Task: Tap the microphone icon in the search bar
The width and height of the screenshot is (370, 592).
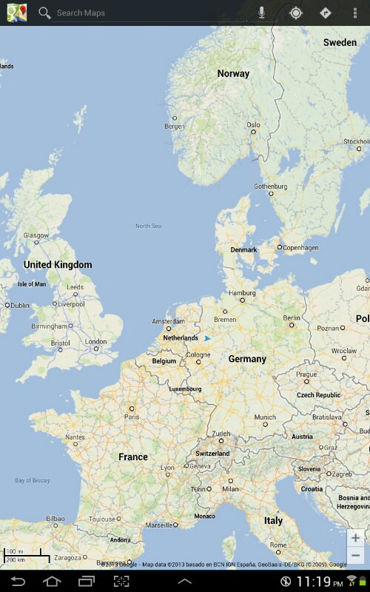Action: [x=262, y=13]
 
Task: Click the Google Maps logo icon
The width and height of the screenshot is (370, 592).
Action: [x=17, y=13]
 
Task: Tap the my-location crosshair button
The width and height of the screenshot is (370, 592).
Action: [x=296, y=13]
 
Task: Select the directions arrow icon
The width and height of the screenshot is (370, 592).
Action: [x=325, y=13]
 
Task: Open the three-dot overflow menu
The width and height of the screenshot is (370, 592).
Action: [x=355, y=13]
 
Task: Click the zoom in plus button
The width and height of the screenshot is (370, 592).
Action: [x=356, y=537]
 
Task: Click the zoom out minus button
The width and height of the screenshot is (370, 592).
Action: [x=356, y=556]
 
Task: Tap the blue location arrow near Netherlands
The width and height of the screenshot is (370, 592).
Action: [x=207, y=338]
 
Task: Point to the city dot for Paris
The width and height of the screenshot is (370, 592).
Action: [x=132, y=408]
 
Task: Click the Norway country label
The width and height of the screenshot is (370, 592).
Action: [x=233, y=73]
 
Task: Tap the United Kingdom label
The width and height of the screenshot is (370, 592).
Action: [x=58, y=264]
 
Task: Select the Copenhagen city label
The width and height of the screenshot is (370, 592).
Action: [x=300, y=247]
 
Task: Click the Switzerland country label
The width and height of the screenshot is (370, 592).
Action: [x=212, y=453]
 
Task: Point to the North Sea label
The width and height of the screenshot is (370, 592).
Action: [x=148, y=226]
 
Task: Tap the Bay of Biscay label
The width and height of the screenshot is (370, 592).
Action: [x=33, y=480]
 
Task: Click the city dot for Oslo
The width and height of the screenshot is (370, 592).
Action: [x=254, y=133]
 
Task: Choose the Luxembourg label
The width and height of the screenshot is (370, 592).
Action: [x=185, y=388]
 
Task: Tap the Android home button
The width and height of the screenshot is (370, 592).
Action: [x=51, y=581]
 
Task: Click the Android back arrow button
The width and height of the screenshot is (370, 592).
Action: [x=18, y=581]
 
